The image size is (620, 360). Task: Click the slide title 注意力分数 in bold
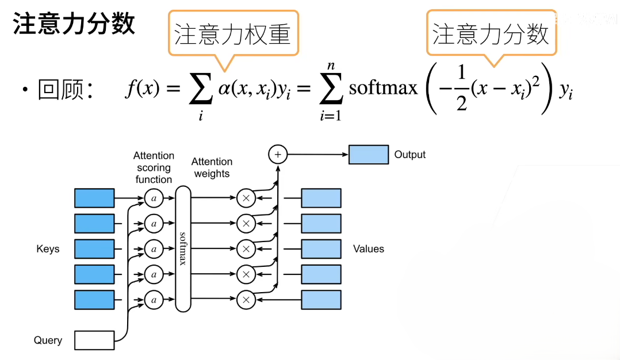coord(74,24)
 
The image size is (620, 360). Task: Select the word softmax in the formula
coord(384,88)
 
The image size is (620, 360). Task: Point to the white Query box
coord(94,339)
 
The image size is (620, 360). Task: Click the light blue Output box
coord(369,155)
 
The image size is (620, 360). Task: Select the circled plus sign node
coord(278,154)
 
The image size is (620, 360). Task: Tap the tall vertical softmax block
coord(182,248)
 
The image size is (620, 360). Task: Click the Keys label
coord(48,249)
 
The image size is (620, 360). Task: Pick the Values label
coord(369,249)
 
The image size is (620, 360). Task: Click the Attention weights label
coord(212,167)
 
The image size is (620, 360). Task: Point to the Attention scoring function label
coord(154,167)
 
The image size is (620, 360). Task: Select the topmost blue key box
coord(94,198)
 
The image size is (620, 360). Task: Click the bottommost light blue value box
coord(322,300)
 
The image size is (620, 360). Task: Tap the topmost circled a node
coord(154,198)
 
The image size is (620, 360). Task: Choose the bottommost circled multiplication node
coord(246,300)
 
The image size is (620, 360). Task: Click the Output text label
coord(410,155)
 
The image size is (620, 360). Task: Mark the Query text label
coord(48,340)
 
